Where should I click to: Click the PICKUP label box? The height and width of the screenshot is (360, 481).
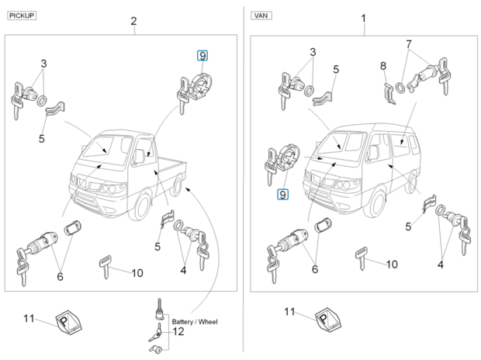(x=22, y=15)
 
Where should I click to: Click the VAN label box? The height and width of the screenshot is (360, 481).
(x=261, y=15)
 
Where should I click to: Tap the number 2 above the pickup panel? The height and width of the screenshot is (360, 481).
(x=133, y=21)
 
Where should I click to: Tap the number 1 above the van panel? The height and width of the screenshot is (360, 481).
(x=363, y=18)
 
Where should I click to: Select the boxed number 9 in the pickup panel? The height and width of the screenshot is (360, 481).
(x=202, y=55)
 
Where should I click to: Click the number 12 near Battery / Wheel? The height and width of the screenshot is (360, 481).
(x=178, y=332)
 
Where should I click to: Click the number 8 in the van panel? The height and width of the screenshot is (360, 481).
(x=383, y=67)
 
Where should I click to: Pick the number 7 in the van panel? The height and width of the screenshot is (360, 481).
(x=409, y=44)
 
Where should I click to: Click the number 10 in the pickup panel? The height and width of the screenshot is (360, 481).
(x=137, y=272)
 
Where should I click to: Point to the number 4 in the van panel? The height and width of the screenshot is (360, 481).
(x=440, y=265)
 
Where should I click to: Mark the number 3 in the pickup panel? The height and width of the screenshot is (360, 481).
(x=43, y=63)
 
